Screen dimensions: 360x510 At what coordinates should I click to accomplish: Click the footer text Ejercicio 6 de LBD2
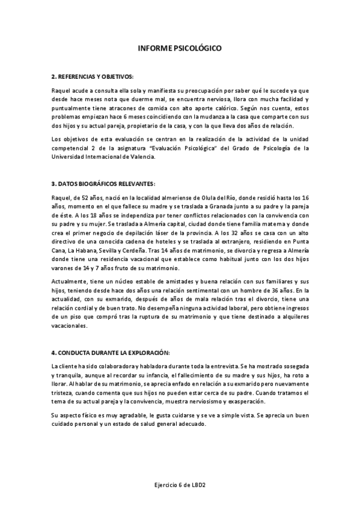point(180,484)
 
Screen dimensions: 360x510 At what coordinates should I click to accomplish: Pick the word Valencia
point(142,156)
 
